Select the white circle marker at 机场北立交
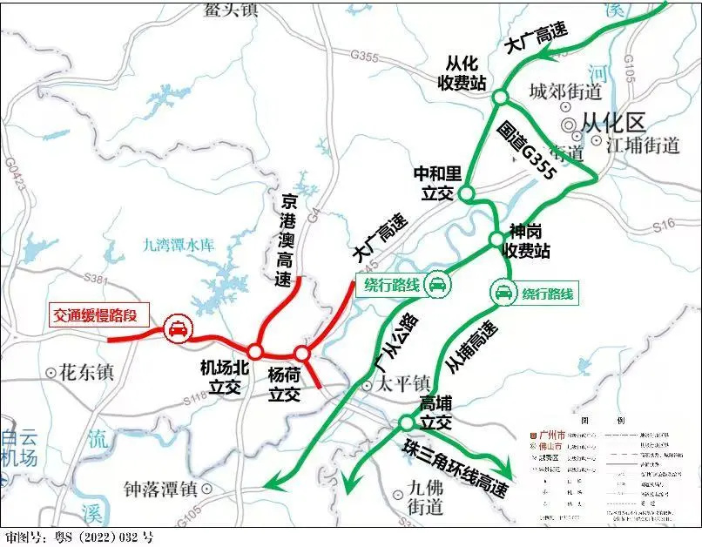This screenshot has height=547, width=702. tap(256, 350)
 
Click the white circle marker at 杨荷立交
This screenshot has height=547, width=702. tap(301, 354)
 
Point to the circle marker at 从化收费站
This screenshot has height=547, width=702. tap(500, 97)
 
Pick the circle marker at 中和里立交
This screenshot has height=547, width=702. tap(466, 193)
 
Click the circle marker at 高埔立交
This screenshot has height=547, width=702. tap(406, 422)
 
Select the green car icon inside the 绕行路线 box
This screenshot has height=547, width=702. tap(437, 284)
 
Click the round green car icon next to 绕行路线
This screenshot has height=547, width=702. tap(503, 294)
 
